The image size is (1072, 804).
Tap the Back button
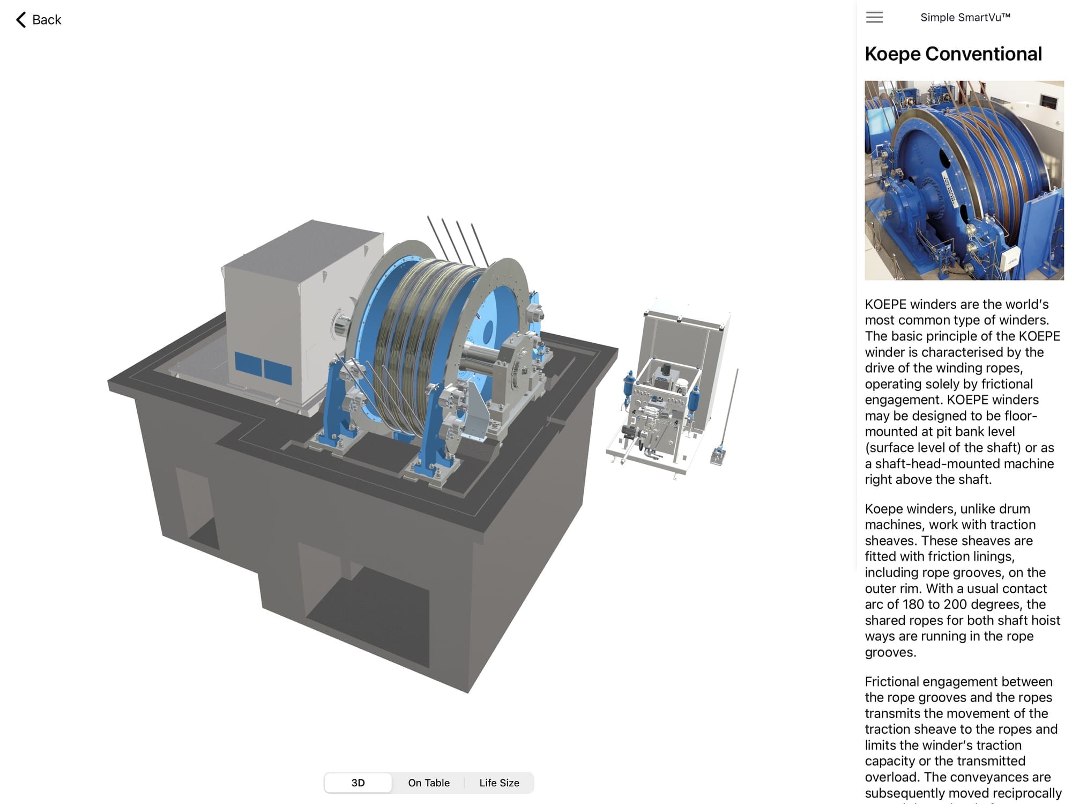tap(39, 20)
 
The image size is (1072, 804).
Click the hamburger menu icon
tap(874, 17)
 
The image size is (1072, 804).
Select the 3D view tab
tap(358, 783)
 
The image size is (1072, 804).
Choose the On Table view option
tap(429, 783)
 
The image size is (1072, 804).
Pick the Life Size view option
tap(499, 783)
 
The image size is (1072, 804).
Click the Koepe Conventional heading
tap(953, 54)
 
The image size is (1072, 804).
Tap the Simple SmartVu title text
tap(965, 17)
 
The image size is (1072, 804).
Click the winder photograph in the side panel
tap(964, 180)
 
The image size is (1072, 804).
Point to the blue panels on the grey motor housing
tap(263, 368)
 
